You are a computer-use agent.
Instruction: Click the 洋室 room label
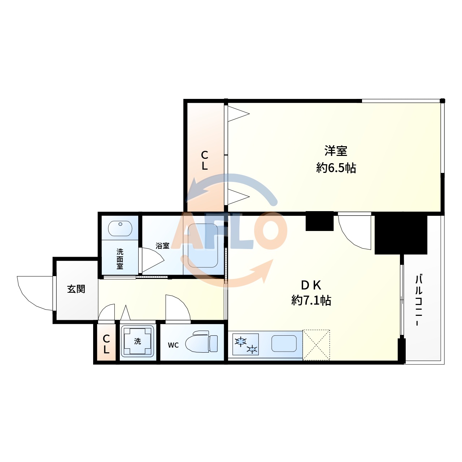tap(336, 151)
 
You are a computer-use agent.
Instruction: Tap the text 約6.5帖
tap(336, 168)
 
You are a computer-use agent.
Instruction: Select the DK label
tap(311, 285)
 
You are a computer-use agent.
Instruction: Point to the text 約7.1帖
tap(311, 300)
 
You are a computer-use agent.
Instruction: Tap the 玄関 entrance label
tap(76, 289)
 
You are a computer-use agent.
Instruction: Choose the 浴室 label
tap(162, 246)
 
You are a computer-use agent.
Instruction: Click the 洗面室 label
tap(120, 259)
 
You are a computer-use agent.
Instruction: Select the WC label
tap(173, 345)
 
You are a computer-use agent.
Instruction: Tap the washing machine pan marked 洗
tap(138, 341)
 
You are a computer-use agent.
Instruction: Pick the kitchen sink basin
tap(284, 344)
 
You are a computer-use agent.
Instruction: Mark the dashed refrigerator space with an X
tap(316, 345)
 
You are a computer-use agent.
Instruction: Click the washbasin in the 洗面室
tap(120, 228)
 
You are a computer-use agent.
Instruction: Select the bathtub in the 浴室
tap(202, 245)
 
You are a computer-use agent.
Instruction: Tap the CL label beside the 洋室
tap(205, 160)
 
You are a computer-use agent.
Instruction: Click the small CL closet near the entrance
tap(106, 344)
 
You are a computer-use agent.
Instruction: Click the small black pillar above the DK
tap(319, 221)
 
